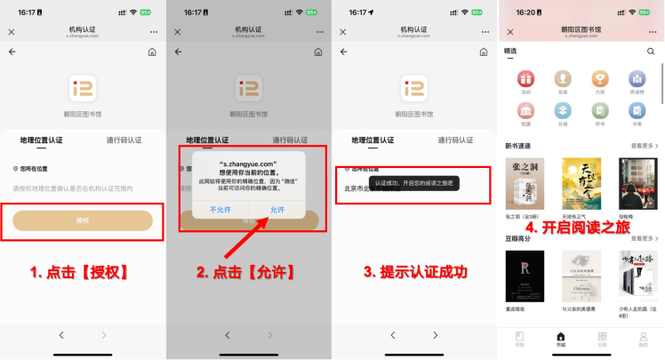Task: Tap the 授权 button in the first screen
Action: point(83,220)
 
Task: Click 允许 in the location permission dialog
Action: point(277,209)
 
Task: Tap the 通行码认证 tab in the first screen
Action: point(124,140)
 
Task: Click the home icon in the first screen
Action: point(152,52)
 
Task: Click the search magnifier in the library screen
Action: point(651,52)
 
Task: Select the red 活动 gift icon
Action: point(525,79)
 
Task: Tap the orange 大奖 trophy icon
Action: point(600,79)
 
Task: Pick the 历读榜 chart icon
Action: point(637,79)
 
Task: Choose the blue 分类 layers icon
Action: point(563,110)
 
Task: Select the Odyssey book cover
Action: point(579,276)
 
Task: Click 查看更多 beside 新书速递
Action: point(644,145)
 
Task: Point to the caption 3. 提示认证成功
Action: point(415,272)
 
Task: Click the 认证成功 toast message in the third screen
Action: point(413,182)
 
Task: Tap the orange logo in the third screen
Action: point(414,88)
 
